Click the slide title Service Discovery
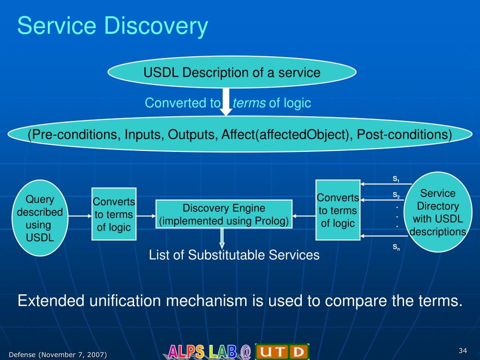(112, 26)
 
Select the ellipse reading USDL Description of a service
(232, 72)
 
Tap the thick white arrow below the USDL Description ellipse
(226, 102)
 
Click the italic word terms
(249, 103)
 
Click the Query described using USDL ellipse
(40, 218)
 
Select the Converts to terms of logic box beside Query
(114, 214)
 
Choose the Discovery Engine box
(224, 214)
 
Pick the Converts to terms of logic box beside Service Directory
(338, 210)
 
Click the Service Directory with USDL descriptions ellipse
(438, 212)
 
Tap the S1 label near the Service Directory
(396, 179)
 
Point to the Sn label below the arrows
(396, 247)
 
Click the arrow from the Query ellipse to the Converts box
(80, 216)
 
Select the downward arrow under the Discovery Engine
(222, 239)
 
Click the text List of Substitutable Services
(234, 255)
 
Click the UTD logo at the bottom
(282, 352)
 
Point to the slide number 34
(463, 351)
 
